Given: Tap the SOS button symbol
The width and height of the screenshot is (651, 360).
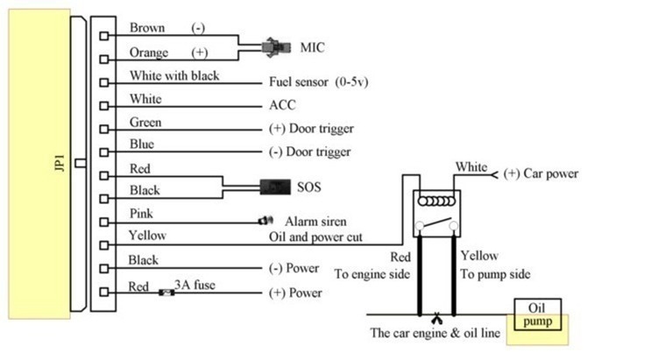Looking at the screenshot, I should coord(275,187).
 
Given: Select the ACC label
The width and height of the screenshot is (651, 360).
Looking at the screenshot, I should coord(282,105).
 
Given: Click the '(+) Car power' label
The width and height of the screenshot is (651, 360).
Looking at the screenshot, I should coord(541,173).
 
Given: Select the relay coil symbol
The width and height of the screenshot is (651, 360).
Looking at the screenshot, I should coord(435,201).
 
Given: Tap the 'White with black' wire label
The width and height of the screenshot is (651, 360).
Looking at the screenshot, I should coord(174,75).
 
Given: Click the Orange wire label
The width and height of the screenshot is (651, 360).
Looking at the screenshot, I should coord(148,53).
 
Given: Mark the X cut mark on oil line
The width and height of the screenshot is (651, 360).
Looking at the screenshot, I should coord(435,314).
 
